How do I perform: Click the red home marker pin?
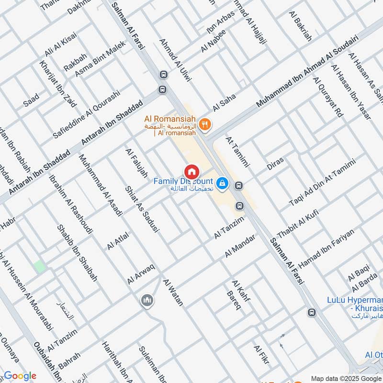[x=191, y=170]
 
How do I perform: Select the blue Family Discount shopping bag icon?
[x=222, y=183]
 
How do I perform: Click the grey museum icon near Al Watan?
[x=147, y=301]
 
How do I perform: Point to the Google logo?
[x=20, y=376]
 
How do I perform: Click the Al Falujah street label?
[x=136, y=163]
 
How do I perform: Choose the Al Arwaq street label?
[x=141, y=273]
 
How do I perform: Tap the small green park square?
[x=40, y=267]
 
